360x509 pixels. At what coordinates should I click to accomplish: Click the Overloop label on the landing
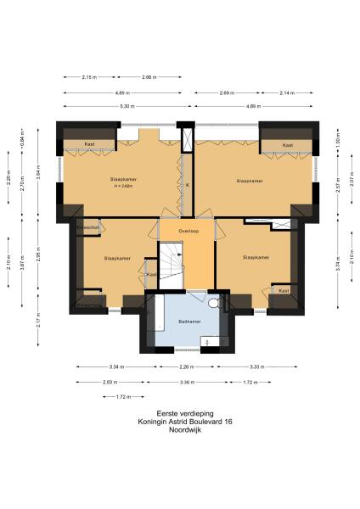tap(188, 231)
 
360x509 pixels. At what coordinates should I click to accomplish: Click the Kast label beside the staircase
tap(150, 274)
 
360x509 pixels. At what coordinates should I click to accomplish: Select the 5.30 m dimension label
tap(124, 106)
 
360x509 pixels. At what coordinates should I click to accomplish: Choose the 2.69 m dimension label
tap(228, 92)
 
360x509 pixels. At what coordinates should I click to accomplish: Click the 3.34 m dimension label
tap(116, 367)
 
